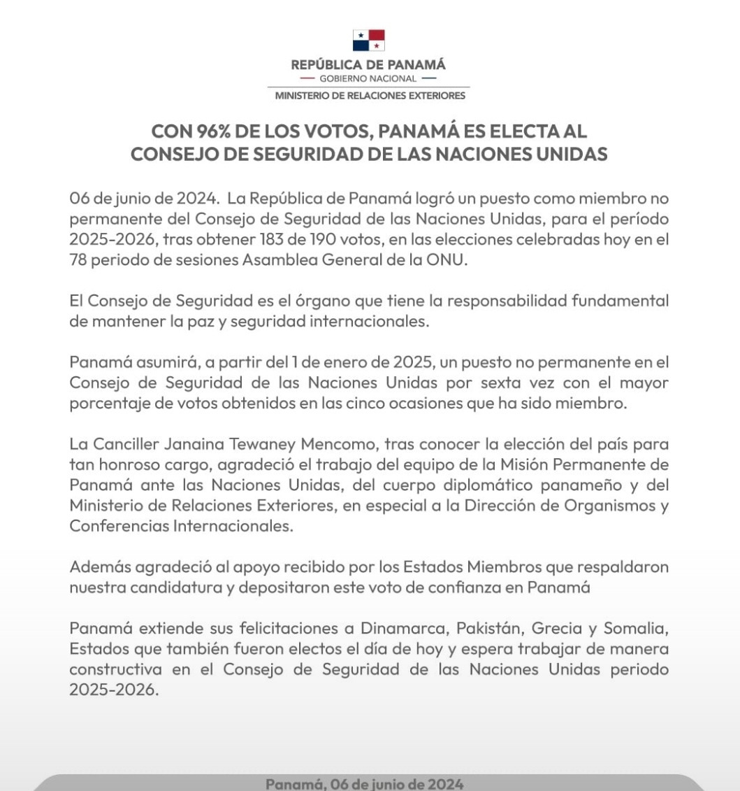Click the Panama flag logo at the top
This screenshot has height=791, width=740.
[x=368, y=40]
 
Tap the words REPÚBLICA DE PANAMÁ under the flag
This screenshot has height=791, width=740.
[x=368, y=65]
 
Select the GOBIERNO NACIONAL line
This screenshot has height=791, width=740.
[x=368, y=78]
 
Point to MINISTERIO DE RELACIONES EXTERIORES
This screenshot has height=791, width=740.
[x=370, y=95]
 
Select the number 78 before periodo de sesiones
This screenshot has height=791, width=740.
[x=79, y=259]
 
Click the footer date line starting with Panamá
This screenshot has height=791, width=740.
[x=365, y=784]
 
